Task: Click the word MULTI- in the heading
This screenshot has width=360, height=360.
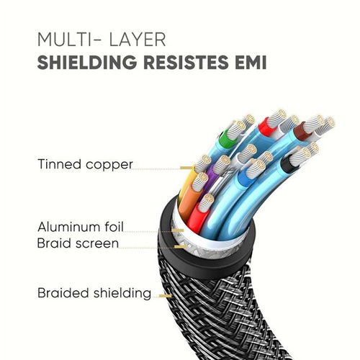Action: click(68, 40)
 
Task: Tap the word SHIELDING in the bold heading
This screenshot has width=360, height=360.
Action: click(87, 62)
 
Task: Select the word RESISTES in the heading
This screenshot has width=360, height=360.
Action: click(186, 62)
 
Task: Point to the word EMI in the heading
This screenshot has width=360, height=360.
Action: click(251, 62)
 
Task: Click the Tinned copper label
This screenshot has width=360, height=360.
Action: click(85, 165)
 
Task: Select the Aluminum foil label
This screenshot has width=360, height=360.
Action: click(81, 227)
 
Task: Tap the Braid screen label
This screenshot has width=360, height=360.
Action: click(78, 243)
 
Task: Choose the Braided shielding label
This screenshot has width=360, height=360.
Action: click(94, 293)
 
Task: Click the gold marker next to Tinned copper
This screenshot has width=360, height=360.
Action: click(186, 168)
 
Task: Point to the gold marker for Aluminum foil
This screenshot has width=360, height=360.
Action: click(178, 230)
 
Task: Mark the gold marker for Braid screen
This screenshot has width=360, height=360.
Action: click(181, 246)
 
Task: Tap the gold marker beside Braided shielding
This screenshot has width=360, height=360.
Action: click(166, 296)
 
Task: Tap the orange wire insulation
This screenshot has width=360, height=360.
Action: click(188, 200)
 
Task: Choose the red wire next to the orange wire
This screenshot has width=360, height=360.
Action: click(197, 217)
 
